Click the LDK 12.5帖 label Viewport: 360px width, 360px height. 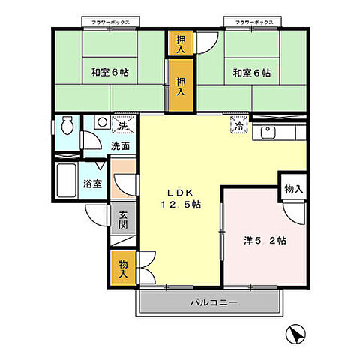coord(178,196)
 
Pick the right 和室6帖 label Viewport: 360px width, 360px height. coord(251,73)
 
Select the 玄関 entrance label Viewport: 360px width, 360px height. coord(123,220)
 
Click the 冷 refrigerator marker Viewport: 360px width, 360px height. coord(238,127)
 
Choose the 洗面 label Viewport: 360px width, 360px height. coord(120,145)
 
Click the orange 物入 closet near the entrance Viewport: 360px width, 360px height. coord(123,268)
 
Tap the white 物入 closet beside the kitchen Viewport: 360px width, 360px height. coord(293,189)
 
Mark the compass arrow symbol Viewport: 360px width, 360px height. coord(298,334)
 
